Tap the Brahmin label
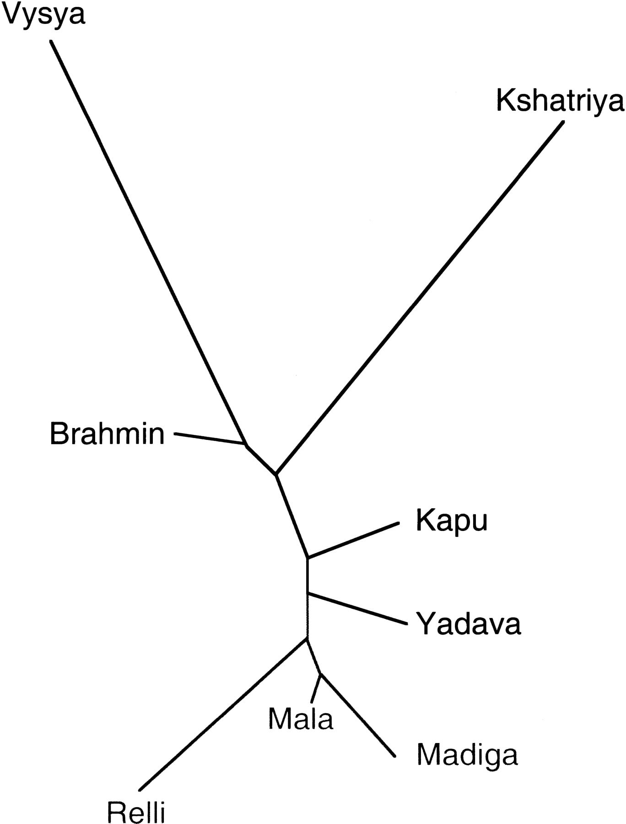[x=107, y=434]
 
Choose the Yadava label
[x=469, y=623]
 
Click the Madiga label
[x=467, y=756]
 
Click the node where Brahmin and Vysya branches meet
[x=246, y=445]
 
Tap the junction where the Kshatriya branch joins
[x=276, y=474]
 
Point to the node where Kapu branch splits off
[x=308, y=558]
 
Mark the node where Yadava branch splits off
[x=308, y=594]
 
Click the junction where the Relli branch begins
[x=307, y=638]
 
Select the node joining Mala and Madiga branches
[x=320, y=674]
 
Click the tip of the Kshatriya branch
[x=563, y=122]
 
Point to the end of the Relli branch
[x=140, y=790]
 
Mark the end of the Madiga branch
[x=394, y=756]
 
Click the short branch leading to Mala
[x=316, y=688]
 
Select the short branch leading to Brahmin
[x=210, y=439]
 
